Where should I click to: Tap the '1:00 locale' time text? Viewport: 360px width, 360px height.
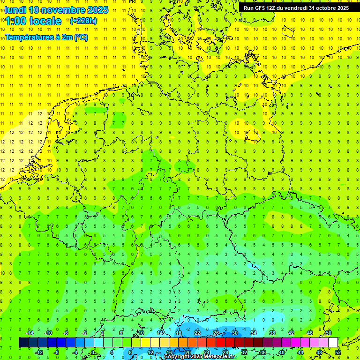pos(33,21)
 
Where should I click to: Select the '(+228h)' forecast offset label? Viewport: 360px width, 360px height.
pos(83,21)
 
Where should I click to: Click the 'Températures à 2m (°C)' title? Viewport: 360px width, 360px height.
pos(46,37)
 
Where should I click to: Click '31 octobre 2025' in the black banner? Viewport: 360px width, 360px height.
pos(327,8)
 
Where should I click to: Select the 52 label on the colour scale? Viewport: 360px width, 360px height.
pos(337,352)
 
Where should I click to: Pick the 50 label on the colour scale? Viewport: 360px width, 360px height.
pos(329,333)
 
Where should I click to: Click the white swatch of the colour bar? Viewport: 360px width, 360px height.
pos(333,343)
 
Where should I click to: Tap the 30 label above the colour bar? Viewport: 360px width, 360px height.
pos(235,333)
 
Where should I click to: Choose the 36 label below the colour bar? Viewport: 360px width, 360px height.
pos(262,352)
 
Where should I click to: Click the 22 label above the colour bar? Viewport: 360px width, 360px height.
pos(197,333)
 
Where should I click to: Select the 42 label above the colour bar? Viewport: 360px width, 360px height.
pos(291,333)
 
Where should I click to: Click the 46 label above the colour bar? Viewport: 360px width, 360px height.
pos(310,333)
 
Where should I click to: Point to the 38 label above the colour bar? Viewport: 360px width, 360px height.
pos(272,333)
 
